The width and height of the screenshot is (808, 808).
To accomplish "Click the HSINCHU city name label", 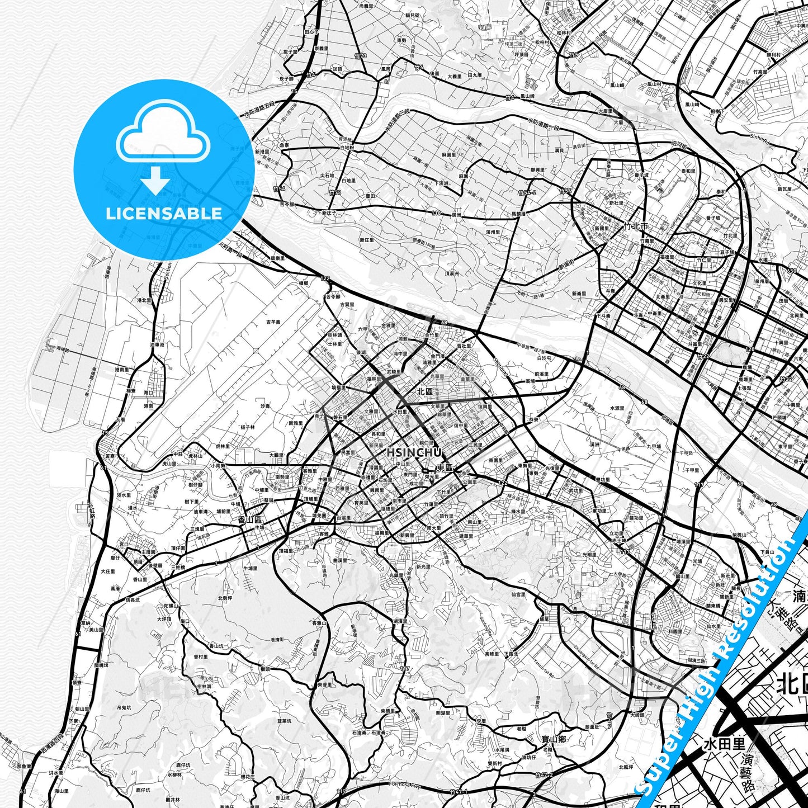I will point(414,452).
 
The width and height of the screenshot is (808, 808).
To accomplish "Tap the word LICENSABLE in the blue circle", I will point(164,213).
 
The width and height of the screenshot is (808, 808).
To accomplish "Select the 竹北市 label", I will point(636,226).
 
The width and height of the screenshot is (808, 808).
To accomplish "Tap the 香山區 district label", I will point(246,519).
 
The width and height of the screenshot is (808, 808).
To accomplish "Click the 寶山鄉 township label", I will point(554,739).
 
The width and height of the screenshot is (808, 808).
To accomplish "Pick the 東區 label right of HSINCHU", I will point(445,467).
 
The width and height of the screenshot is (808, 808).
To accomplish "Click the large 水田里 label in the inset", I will point(724,744).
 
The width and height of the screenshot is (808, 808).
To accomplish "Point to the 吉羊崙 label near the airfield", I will point(273,322).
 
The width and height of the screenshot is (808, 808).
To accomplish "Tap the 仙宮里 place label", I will point(517,594).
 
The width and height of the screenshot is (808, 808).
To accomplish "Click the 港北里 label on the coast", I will point(144,300).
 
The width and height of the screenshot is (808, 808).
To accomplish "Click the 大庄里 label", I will point(108,571).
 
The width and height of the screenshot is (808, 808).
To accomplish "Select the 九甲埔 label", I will point(654,446).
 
